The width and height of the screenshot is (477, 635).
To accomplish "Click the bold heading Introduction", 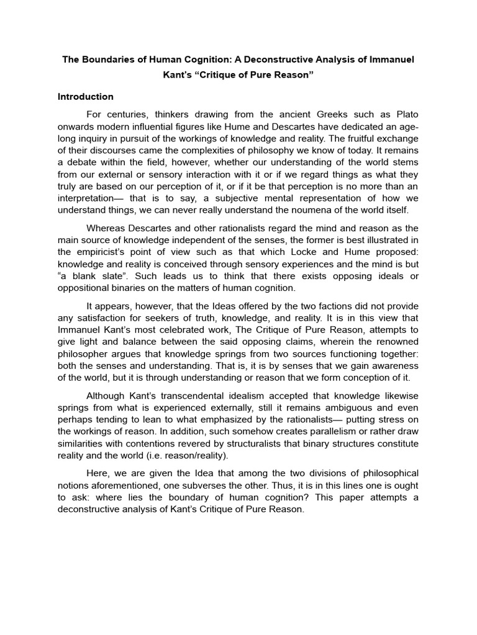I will [86, 97].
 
